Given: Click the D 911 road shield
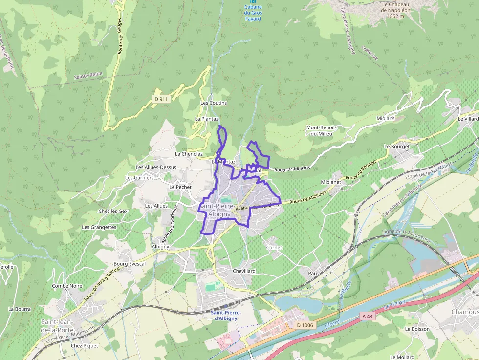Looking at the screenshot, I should [x=161, y=99].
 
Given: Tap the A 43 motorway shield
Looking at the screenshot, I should [x=367, y=317].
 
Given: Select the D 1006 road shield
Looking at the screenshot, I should [x=304, y=325].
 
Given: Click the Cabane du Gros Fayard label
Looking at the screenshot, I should [x=253, y=13].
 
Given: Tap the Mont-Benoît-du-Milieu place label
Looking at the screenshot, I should [x=319, y=130].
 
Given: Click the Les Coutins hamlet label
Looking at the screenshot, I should [x=214, y=103].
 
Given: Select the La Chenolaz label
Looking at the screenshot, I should [x=189, y=154].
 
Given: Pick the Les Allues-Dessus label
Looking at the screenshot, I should [x=156, y=167].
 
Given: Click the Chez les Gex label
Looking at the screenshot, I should [x=113, y=211].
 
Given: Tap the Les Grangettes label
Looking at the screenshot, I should [x=99, y=227].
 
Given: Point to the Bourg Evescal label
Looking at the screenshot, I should [x=130, y=264].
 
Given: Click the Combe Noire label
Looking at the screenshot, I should [x=67, y=286].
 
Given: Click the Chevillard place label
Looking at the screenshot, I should [x=244, y=271].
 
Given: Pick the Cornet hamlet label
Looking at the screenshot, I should [x=274, y=248].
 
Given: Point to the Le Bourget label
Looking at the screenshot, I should [x=397, y=146].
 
